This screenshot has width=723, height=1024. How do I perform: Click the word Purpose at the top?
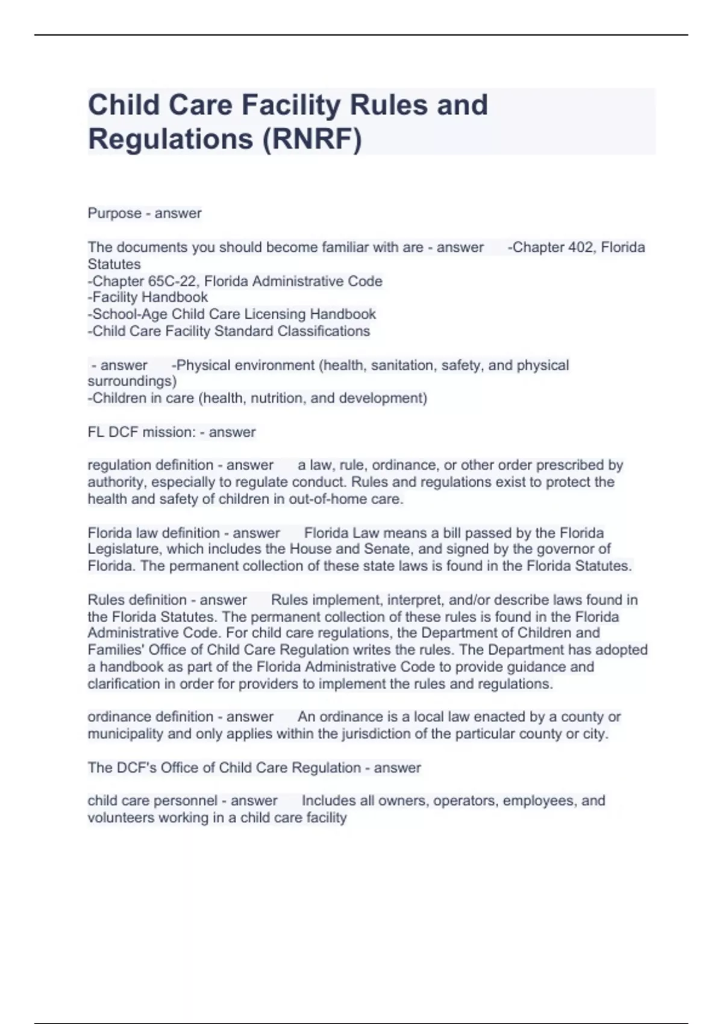point(114,213)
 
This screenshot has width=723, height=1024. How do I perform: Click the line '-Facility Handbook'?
point(148,297)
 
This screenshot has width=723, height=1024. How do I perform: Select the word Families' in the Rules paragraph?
point(115,650)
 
